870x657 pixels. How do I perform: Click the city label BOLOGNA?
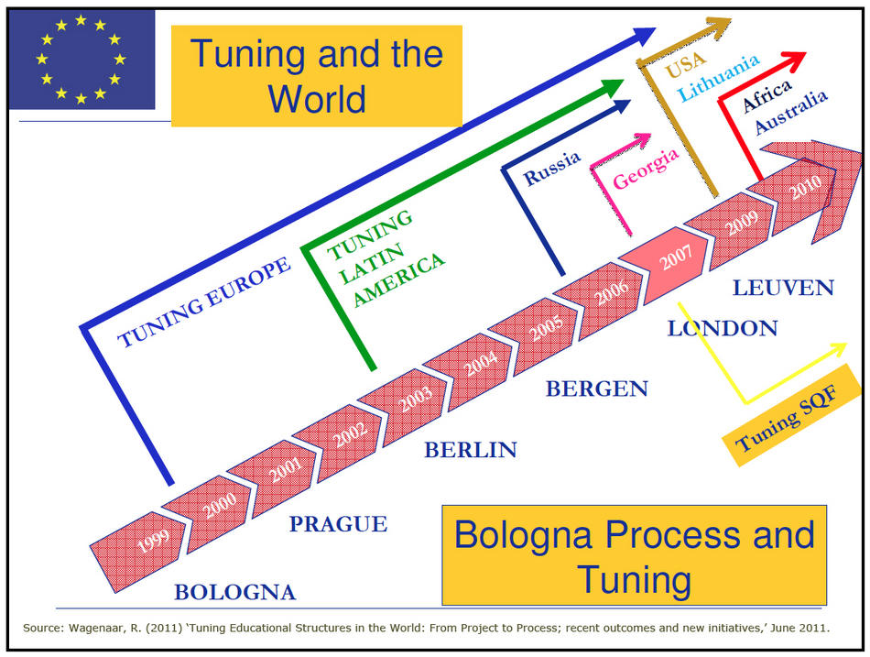235,593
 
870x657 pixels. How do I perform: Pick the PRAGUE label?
339,524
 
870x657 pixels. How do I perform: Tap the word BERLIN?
471,450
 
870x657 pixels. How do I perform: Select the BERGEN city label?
597,389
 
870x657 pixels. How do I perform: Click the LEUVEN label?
783,288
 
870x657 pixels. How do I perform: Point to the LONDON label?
723,328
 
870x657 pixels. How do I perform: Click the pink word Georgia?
646,169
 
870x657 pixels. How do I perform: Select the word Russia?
552,168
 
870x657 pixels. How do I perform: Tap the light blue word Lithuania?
719,78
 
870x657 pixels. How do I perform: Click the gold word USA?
686,63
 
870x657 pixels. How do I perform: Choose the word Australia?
791,113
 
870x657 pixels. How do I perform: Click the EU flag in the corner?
82,60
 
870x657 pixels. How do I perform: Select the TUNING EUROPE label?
203,302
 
